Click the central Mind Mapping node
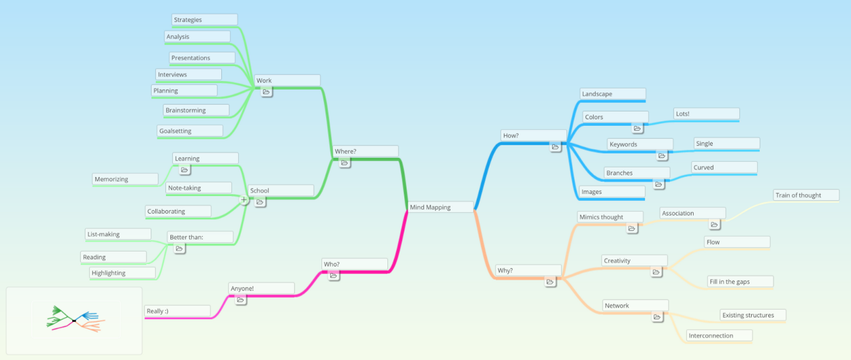click(440, 207)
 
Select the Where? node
click(366, 151)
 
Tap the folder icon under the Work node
click(266, 92)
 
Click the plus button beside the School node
click(244, 200)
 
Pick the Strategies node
click(204, 20)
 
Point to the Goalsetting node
click(190, 131)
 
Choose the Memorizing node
click(125, 179)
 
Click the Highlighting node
click(123, 273)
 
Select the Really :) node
click(178, 311)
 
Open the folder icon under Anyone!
click(240, 300)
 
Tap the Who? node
click(355, 264)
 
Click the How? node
click(534, 135)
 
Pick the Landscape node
click(613, 94)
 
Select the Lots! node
click(707, 114)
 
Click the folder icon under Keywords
click(662, 156)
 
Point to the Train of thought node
click(806, 195)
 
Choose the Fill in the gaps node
click(741, 282)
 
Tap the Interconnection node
click(720, 336)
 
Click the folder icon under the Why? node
click(550, 282)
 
